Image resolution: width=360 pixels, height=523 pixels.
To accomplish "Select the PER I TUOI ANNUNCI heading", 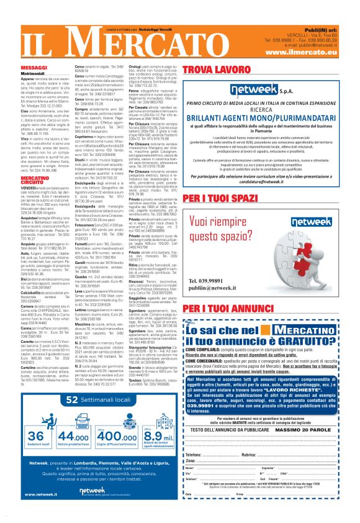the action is point(220,290).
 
